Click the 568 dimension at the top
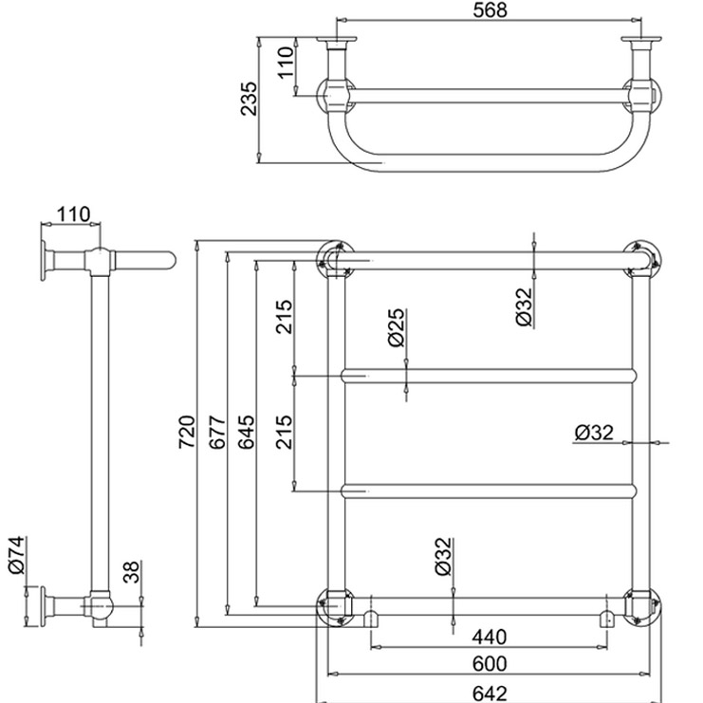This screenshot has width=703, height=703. pyautogui.click(x=490, y=9)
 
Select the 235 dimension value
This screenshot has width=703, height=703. pyautogui.click(x=250, y=99)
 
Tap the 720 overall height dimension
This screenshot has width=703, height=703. pyautogui.click(x=187, y=432)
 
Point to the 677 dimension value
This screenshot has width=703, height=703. pyautogui.click(x=217, y=433)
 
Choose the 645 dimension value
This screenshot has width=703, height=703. pyautogui.click(x=246, y=433)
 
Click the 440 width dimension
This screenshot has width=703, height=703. pyautogui.click(x=490, y=637)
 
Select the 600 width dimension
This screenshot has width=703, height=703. pyautogui.click(x=490, y=663)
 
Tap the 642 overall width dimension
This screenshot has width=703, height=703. pyautogui.click(x=490, y=694)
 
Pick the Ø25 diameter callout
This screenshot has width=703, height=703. pyautogui.click(x=397, y=327)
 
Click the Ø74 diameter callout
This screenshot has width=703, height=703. pyautogui.click(x=17, y=555)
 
